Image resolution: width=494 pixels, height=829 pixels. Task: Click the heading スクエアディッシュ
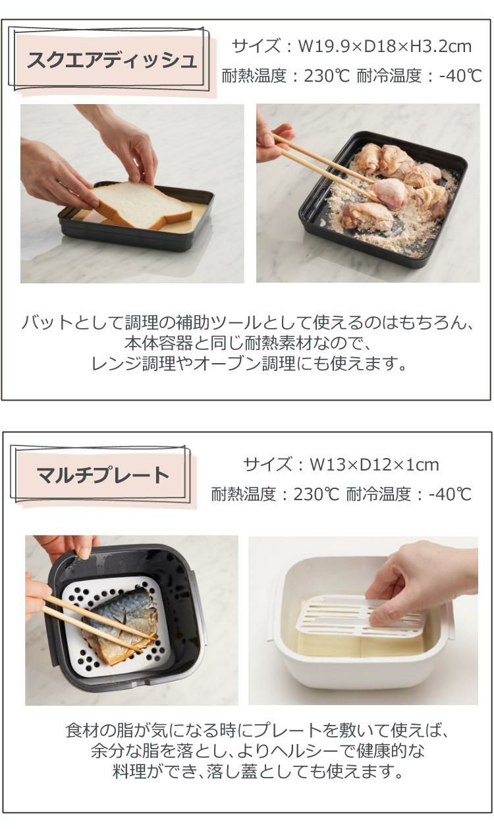click(112, 61)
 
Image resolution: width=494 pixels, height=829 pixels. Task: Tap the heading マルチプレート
click(103, 475)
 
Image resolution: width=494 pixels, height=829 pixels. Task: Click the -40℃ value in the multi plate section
click(450, 494)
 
